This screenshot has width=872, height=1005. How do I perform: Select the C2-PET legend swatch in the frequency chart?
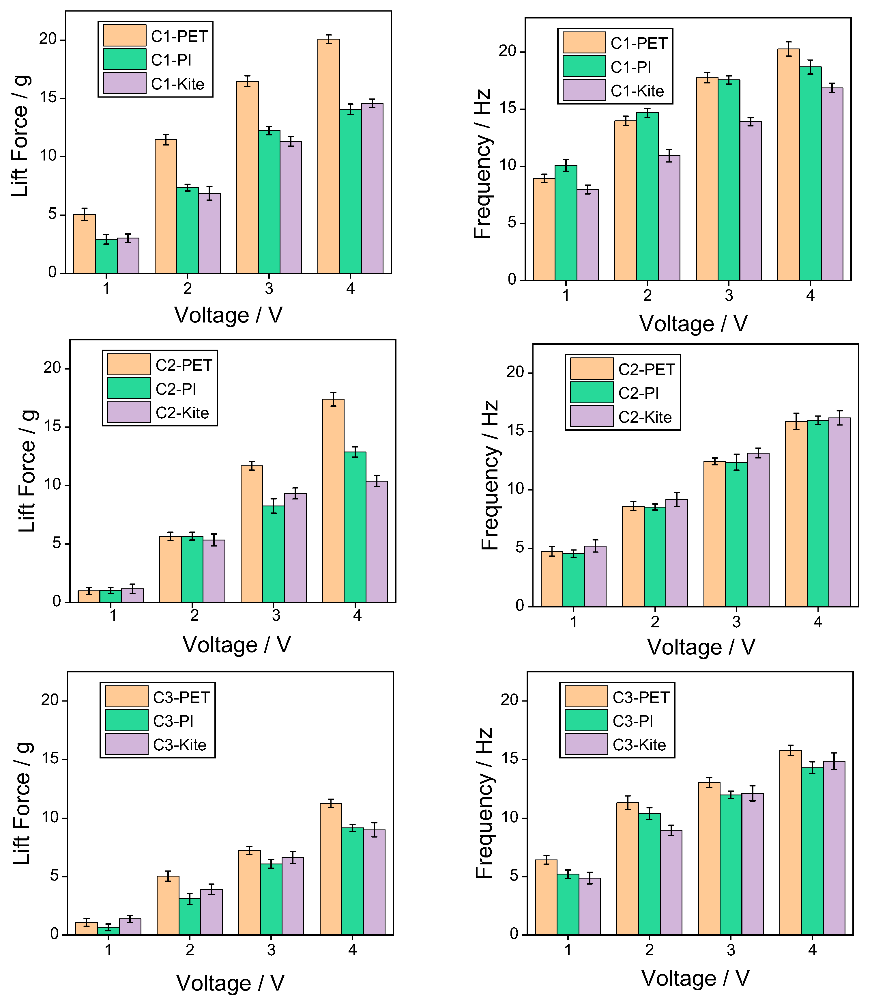coord(592,369)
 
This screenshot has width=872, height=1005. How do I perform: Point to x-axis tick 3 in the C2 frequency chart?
coord(736,622)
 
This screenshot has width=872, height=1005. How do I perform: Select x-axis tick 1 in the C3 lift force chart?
coord(108,950)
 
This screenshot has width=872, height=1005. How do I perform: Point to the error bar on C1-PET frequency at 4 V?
coord(788,49)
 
